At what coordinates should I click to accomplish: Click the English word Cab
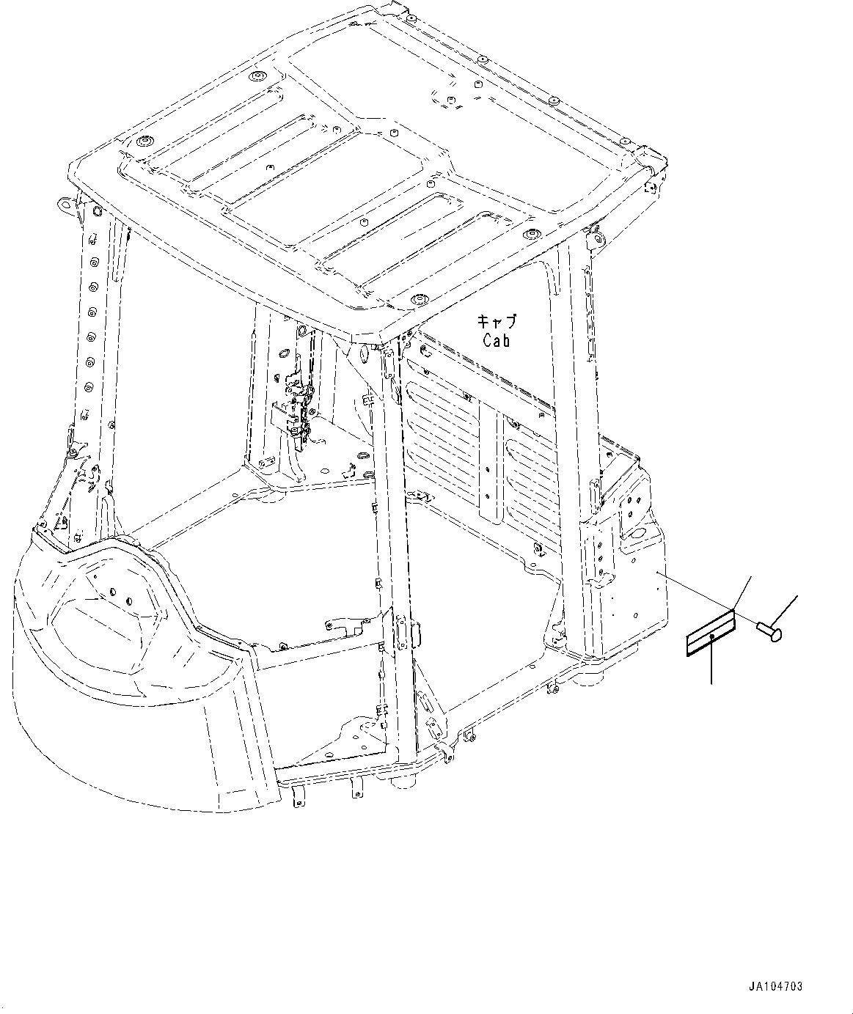[x=496, y=340]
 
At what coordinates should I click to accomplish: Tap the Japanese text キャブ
[x=497, y=322]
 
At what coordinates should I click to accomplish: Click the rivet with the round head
[x=769, y=628]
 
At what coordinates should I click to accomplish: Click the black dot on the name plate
[x=711, y=636]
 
